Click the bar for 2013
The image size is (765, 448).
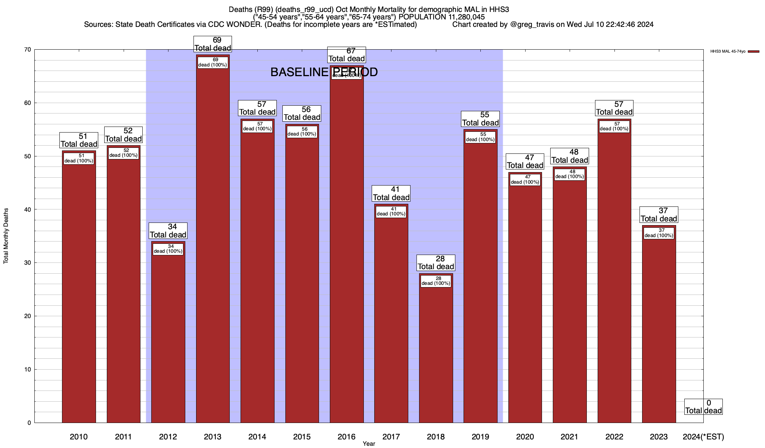coord(213,243)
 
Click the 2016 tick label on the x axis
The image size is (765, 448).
coord(346,436)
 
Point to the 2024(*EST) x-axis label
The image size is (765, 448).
coord(703,436)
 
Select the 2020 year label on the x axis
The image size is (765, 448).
coord(525,436)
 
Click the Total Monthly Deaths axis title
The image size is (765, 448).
coord(6,236)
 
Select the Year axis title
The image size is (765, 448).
coord(369,444)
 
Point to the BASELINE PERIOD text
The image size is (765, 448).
coord(324,72)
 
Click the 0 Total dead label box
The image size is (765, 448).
coord(703,407)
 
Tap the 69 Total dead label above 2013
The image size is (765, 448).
coord(213,44)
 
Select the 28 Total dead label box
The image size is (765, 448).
coord(436,262)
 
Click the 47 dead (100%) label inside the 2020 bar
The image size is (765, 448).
coord(525,180)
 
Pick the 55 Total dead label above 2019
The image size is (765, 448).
coord(480,119)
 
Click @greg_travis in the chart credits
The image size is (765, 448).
coord(532,25)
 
